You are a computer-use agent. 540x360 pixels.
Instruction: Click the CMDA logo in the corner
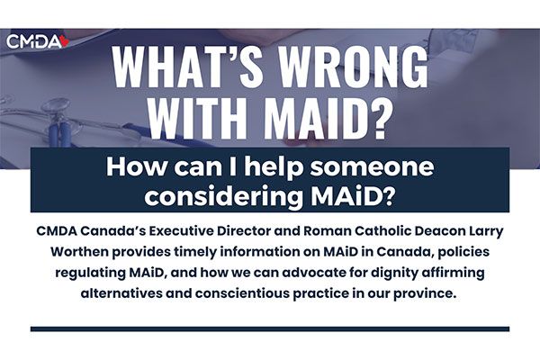pyautogui.click(x=38, y=41)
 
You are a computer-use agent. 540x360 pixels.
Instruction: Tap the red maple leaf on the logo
pyautogui.click(x=65, y=41)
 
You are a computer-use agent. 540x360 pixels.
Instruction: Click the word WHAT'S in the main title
pyautogui.click(x=184, y=66)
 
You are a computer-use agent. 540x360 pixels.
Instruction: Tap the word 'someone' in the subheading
pyautogui.click(x=371, y=166)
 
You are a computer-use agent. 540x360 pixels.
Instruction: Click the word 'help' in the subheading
pyautogui.click(x=274, y=167)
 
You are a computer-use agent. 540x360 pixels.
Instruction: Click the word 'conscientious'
pyautogui.click(x=242, y=293)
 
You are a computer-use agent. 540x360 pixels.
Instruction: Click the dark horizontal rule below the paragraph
pyautogui.click(x=270, y=329)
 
